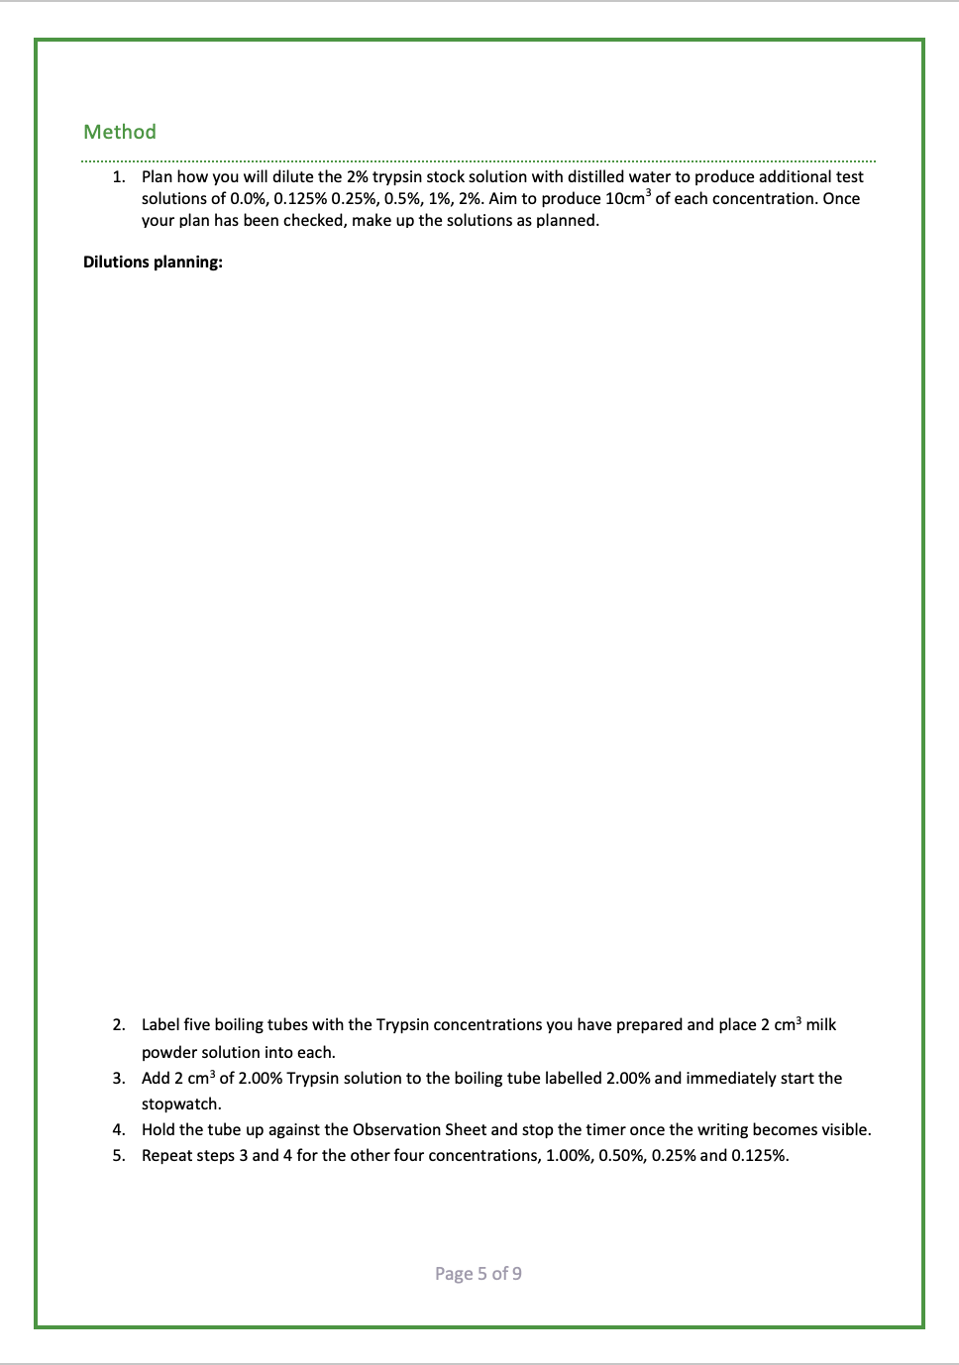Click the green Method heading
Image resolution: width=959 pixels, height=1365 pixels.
[x=120, y=132]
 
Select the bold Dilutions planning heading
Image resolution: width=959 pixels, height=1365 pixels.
[x=153, y=262]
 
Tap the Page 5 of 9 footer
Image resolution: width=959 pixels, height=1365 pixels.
[x=479, y=1274]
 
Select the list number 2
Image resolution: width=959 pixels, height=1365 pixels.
[x=118, y=1025]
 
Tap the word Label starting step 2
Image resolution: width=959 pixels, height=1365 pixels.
[x=160, y=1025]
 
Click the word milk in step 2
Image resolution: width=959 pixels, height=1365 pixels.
[x=821, y=1025]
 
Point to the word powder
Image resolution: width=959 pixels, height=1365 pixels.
[x=169, y=1053]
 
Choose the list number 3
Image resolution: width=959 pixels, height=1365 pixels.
[x=118, y=1079]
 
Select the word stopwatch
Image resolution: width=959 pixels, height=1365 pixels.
[x=180, y=1104]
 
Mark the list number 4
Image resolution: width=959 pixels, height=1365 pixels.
[x=118, y=1130]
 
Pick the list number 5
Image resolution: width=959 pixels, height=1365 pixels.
[x=118, y=1156]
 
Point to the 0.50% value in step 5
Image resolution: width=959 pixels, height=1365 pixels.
[x=621, y=1156]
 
